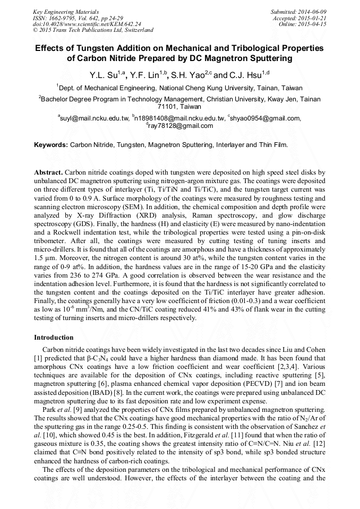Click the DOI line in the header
(x=87, y=24)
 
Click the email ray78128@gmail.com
(x=181, y=126)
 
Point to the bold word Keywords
(x=51, y=144)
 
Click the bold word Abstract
(x=48, y=174)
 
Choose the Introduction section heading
(x=54, y=338)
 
